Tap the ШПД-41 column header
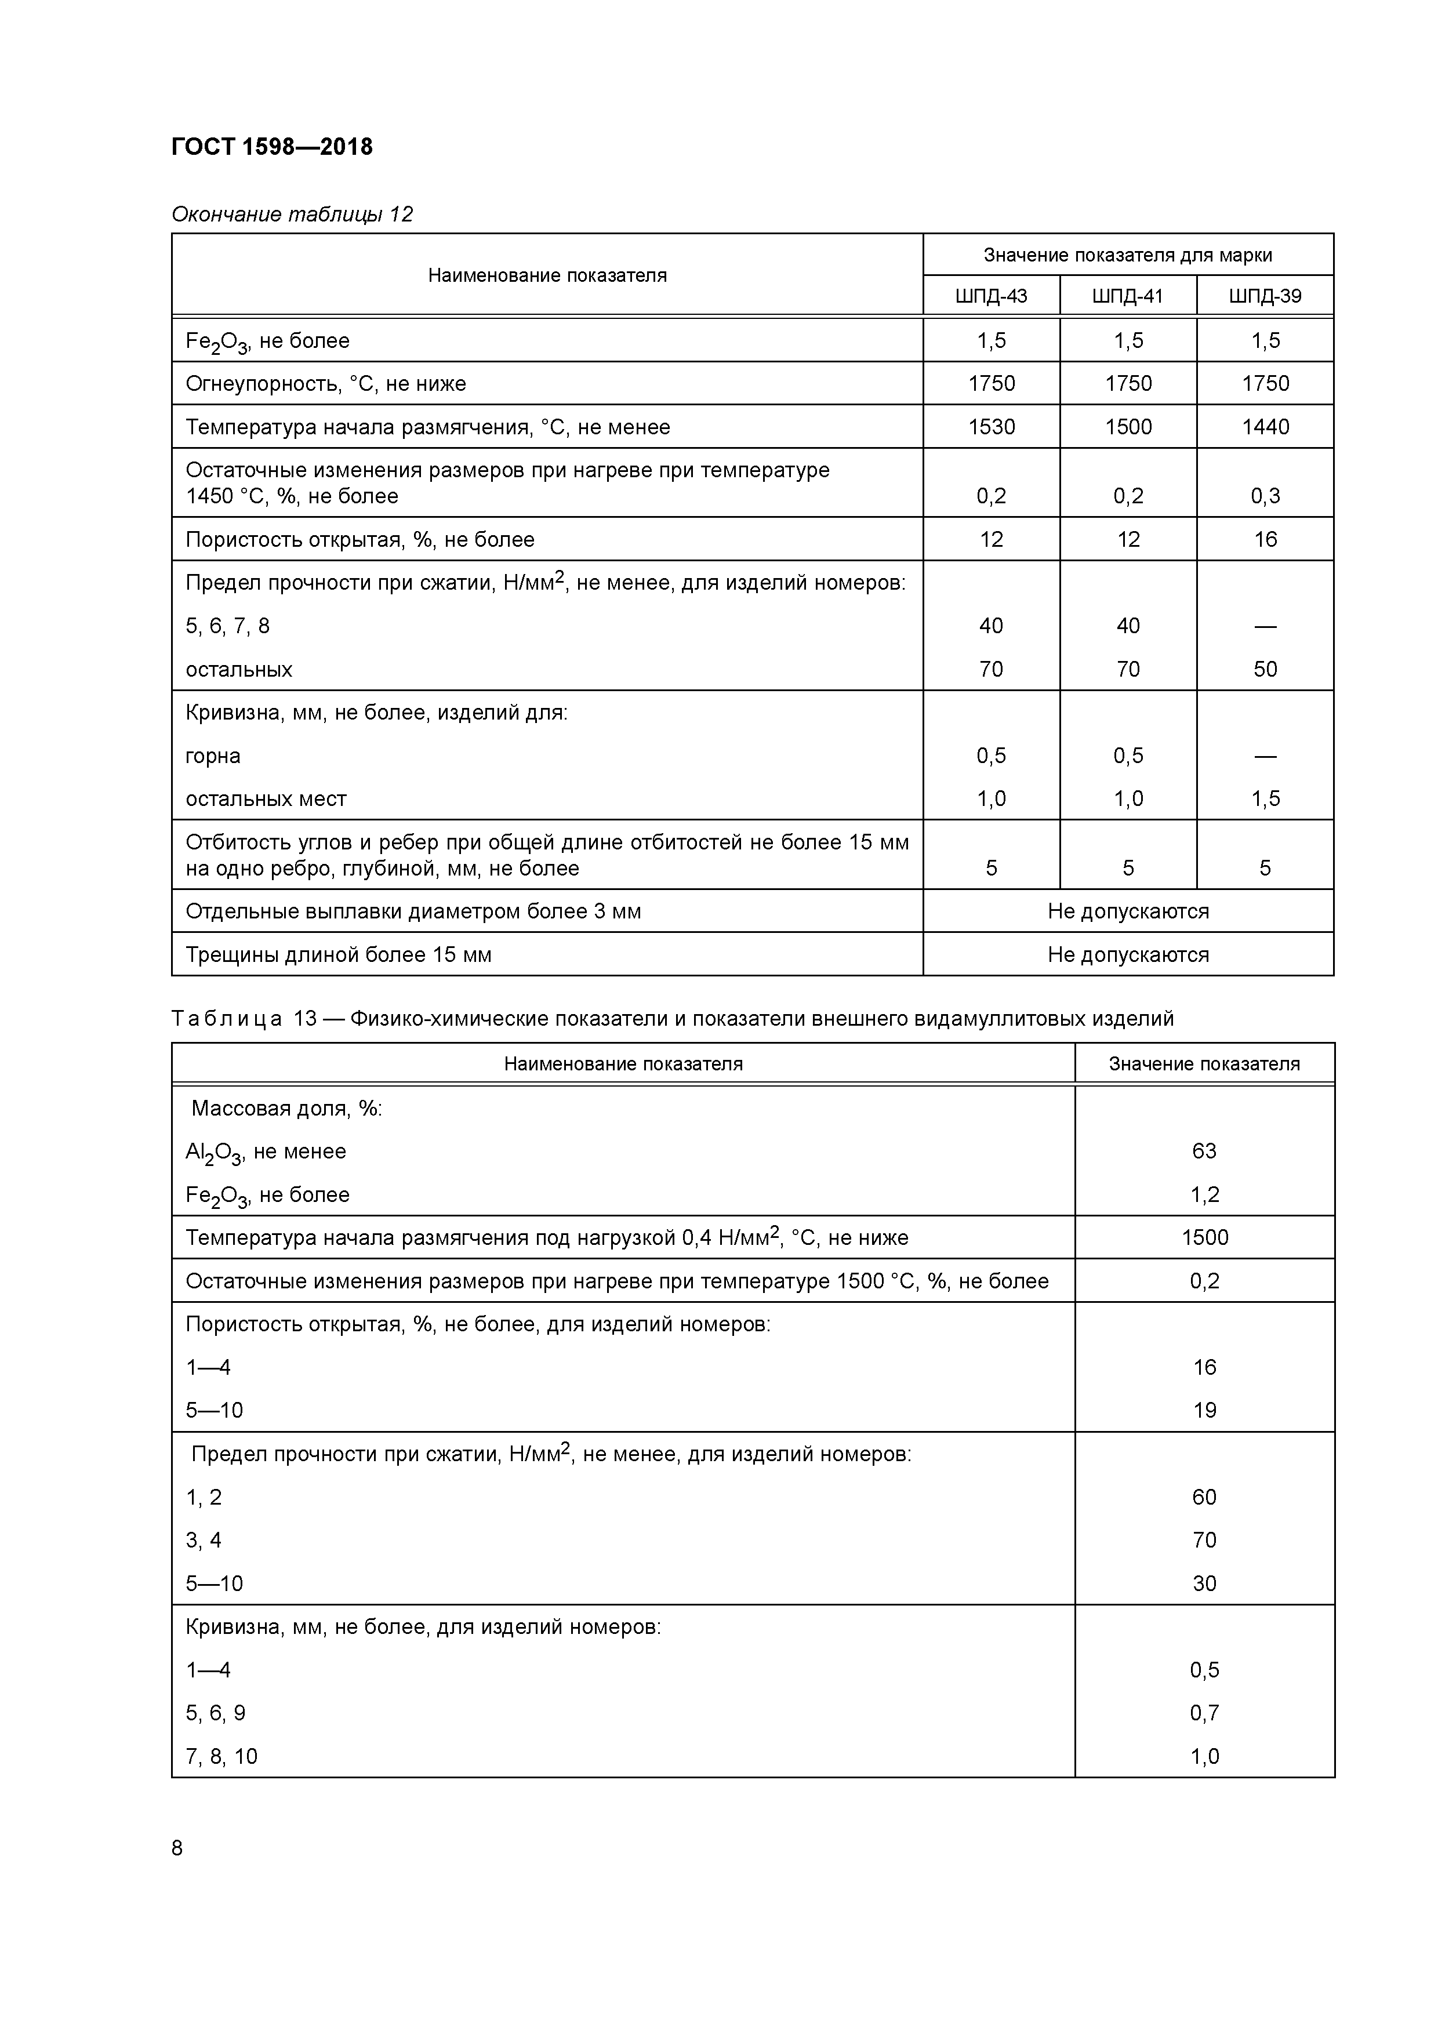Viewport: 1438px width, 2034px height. click(x=1127, y=296)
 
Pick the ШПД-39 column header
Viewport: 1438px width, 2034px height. click(x=1265, y=296)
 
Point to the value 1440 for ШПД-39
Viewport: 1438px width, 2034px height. click(x=1265, y=427)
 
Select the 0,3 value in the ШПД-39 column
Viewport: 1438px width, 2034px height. click(x=1265, y=496)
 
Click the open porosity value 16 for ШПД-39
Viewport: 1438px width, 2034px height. click(x=1265, y=539)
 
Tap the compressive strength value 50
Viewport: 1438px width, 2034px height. click(x=1265, y=670)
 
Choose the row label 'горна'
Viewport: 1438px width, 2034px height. click(x=213, y=756)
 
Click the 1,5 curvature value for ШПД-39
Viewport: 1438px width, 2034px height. click(x=1265, y=799)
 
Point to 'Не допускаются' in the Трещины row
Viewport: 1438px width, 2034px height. click(x=1127, y=955)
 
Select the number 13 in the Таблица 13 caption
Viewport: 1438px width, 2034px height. click(x=305, y=1019)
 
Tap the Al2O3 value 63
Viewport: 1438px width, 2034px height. click(x=1204, y=1151)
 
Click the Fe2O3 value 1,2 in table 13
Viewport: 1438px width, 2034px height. click(x=1204, y=1194)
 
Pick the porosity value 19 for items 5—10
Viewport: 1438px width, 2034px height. click(x=1204, y=1410)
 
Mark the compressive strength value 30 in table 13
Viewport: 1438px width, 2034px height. click(x=1204, y=1583)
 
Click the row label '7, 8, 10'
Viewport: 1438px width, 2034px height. click(x=221, y=1756)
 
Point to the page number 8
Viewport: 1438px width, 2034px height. click(x=177, y=1848)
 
